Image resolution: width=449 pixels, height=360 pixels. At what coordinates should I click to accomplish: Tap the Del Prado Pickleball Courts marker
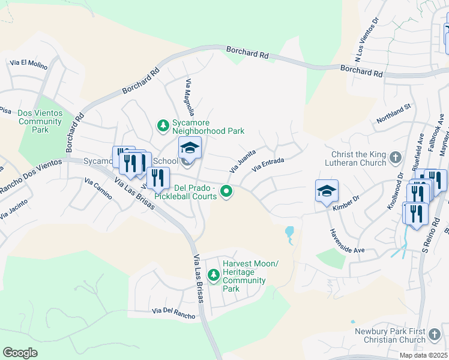226,192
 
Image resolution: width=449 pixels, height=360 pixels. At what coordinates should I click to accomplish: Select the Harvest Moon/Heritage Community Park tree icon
213,275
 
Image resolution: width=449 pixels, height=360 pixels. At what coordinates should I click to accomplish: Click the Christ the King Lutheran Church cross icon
395,157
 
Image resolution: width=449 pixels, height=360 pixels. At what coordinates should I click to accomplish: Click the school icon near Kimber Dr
327,191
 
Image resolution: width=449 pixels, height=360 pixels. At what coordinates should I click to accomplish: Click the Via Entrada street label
268,164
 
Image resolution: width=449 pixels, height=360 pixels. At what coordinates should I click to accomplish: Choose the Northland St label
393,113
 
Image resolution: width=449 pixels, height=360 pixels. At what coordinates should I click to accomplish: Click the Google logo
20,353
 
